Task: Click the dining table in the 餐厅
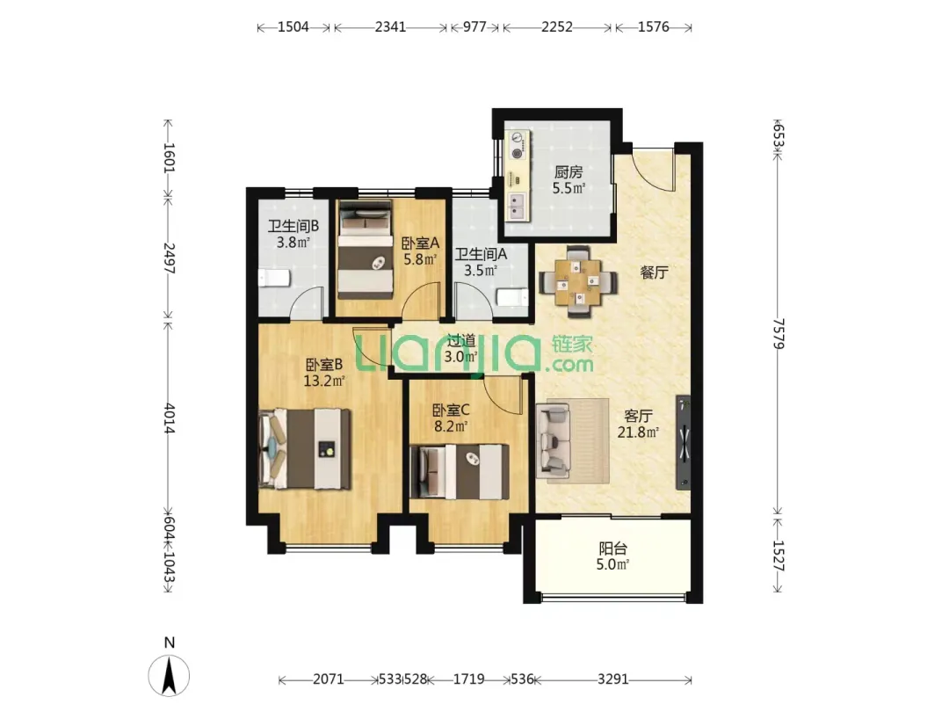click(x=578, y=281)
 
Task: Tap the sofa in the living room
click(x=553, y=440)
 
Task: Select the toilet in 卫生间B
click(x=274, y=279)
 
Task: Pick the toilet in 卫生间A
click(x=512, y=297)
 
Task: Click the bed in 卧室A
click(x=366, y=250)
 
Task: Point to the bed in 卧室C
click(x=460, y=472)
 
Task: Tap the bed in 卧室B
click(x=304, y=448)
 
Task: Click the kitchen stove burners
click(x=518, y=145)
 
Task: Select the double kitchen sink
click(x=518, y=207)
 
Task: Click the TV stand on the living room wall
click(x=684, y=442)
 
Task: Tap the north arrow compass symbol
click(x=169, y=674)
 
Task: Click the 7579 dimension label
click(x=779, y=334)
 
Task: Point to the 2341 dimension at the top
click(x=390, y=26)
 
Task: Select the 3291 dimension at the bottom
click(x=612, y=679)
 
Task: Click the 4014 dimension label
click(x=169, y=418)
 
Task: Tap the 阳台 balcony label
click(x=612, y=549)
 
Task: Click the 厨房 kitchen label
click(x=569, y=172)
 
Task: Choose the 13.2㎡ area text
click(x=323, y=381)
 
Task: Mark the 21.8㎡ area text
click(x=638, y=432)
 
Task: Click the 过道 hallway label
click(x=460, y=341)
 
